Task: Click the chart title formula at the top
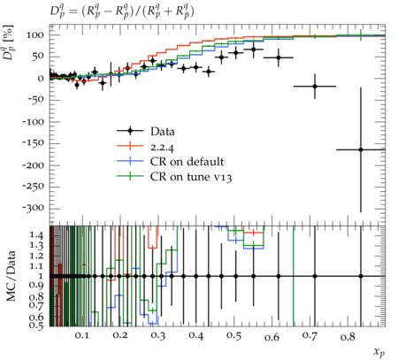tap(122, 12)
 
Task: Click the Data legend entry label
tap(163, 132)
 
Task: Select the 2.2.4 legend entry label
tap(162, 147)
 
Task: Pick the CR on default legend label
tap(187, 162)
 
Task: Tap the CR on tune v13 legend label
tap(191, 177)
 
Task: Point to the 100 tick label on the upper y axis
tap(35, 35)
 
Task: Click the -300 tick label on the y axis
tap(33, 209)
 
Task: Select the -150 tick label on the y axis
tap(33, 143)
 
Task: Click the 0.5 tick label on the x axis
tap(233, 335)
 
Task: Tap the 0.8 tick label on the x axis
tap(348, 337)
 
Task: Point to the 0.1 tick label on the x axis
tap(81, 335)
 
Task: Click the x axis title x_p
tap(379, 351)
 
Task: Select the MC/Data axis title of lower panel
tap(11, 276)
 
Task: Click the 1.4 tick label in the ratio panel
tap(36, 235)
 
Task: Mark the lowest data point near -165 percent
tap(361, 149)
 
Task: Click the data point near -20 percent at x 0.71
tap(315, 87)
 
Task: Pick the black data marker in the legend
tap(130, 131)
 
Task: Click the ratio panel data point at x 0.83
tap(361, 276)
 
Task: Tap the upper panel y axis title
tap(8, 42)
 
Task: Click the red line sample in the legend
tap(130, 146)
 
